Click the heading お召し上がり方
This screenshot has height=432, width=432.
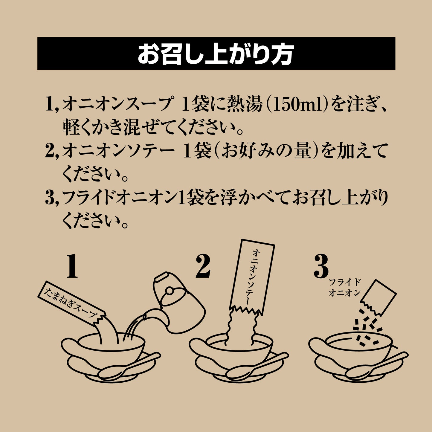tap(216, 54)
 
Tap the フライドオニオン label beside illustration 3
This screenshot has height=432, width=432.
tap(345, 288)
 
